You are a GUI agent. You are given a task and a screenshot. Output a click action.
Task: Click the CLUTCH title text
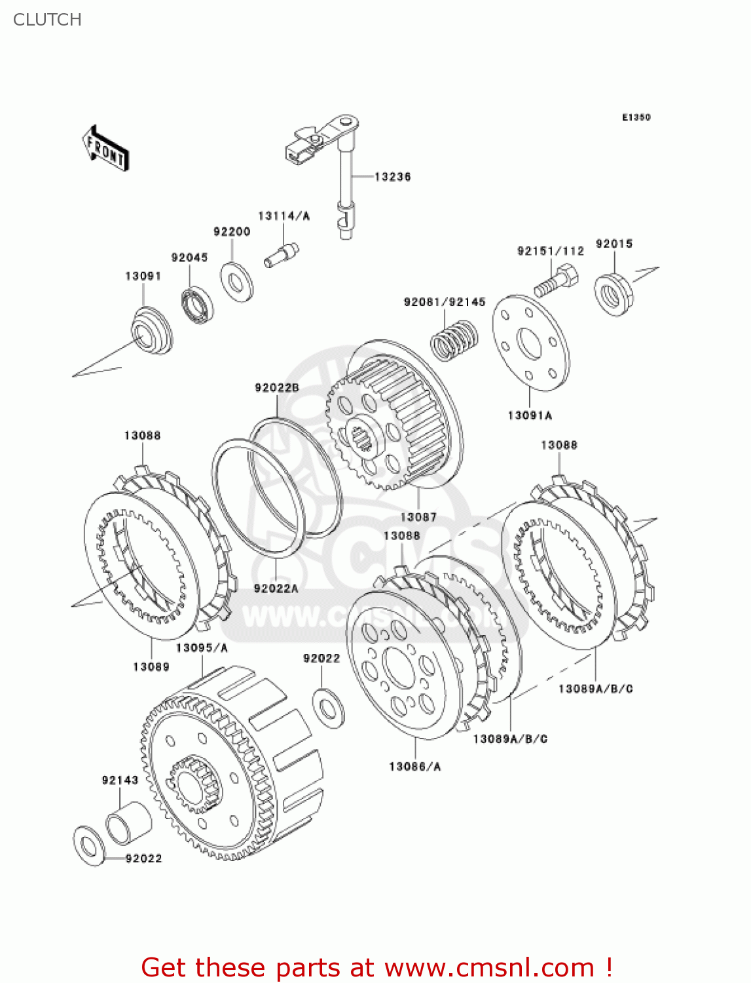coord(47,20)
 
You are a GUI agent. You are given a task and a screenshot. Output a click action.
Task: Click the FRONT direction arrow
coord(105,149)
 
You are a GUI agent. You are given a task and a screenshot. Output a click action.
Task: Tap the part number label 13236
coord(392,177)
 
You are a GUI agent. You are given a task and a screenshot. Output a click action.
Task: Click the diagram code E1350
coord(636,117)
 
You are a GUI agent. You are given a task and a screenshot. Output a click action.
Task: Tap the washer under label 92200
coord(236,282)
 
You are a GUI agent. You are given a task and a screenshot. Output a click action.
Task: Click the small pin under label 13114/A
coord(281,255)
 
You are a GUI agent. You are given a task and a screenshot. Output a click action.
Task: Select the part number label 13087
coord(418,517)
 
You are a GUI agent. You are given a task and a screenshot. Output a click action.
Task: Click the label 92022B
coord(277,388)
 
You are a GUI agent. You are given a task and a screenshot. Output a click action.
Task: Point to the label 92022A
coord(276,588)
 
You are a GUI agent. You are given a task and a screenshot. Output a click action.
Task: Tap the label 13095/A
coord(202,647)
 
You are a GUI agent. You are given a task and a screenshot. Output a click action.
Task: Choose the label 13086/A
coord(415,766)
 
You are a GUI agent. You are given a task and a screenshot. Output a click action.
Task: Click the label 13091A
coord(530,415)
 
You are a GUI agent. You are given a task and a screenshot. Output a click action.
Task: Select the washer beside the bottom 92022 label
coord(88,846)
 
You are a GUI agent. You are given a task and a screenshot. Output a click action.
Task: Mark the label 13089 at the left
coord(151,666)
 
